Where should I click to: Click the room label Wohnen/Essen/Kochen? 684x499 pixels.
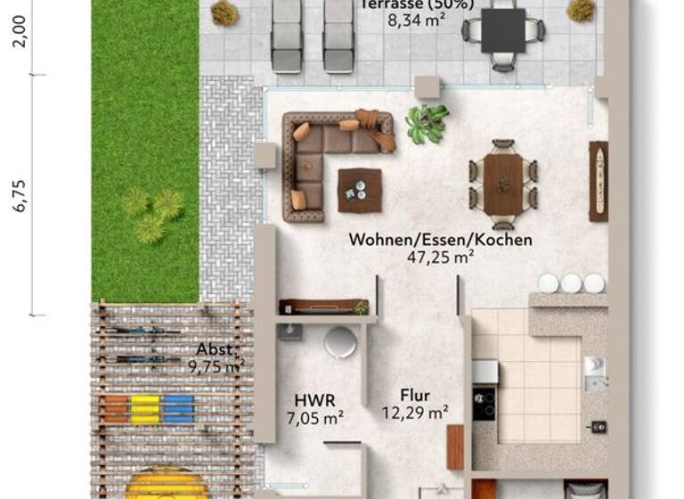coord(440,240)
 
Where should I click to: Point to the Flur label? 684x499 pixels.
coord(414,396)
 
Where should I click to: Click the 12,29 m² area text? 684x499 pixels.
coord(414,412)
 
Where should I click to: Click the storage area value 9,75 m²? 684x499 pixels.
coord(216,365)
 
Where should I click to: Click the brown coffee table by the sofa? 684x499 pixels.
coord(360,190)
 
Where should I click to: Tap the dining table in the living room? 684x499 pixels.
coord(503,183)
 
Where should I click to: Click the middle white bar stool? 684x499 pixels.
coord(571,283)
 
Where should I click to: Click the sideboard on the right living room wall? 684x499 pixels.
coord(598,181)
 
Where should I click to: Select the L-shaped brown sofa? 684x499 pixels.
coord(321,151)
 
